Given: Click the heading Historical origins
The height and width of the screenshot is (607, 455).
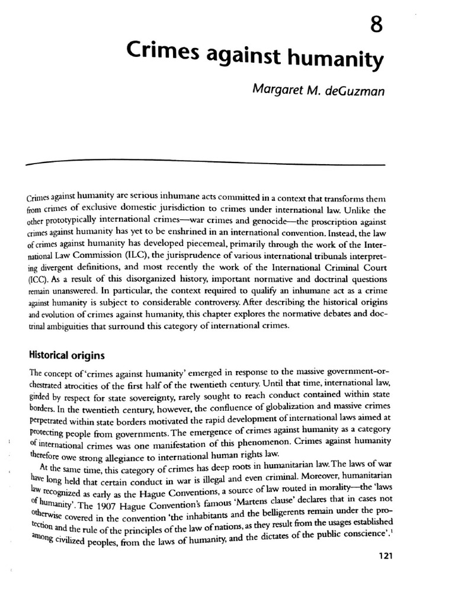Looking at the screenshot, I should coord(67,356).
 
